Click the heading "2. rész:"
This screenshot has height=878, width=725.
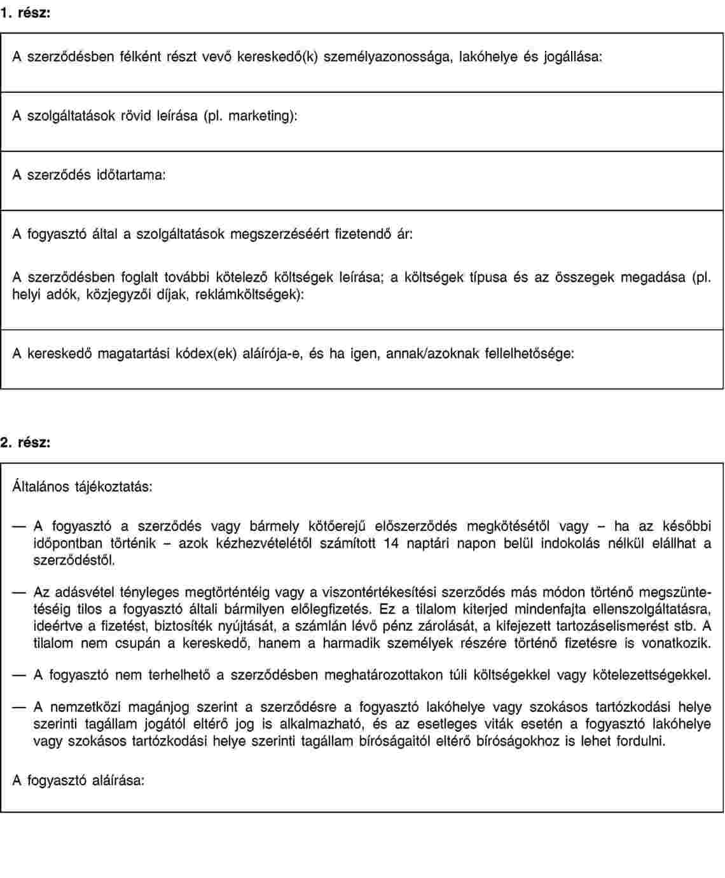click(25, 442)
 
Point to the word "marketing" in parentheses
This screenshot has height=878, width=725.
click(259, 116)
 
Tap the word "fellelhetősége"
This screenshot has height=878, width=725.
click(528, 353)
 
